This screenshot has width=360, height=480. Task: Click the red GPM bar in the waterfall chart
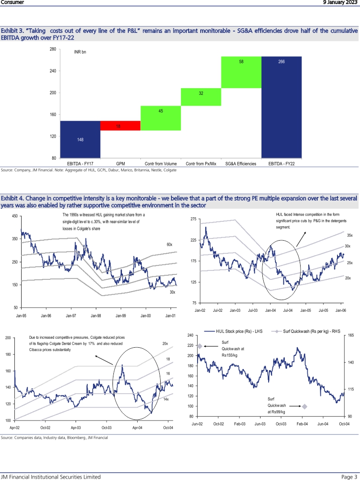[120, 126]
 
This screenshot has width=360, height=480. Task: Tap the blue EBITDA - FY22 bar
[281, 107]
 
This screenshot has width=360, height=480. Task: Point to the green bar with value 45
[161, 118]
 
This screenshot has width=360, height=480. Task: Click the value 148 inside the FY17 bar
[80, 139]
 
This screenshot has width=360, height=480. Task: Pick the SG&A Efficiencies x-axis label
[241, 164]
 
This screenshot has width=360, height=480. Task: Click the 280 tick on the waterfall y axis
[53, 49]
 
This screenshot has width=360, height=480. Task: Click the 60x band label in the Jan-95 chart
[170, 244]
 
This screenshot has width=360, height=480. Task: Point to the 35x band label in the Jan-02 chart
[350, 235]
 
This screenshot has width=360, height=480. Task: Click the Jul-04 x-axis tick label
[288, 310]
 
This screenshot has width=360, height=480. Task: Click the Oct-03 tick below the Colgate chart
[106, 427]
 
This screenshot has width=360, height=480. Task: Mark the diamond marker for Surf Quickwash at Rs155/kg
[200, 346]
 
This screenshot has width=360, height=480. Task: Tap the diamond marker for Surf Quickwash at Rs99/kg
[305, 406]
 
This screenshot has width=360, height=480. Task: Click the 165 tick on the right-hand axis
[351, 336]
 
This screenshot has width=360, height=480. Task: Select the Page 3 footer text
[349, 477]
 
